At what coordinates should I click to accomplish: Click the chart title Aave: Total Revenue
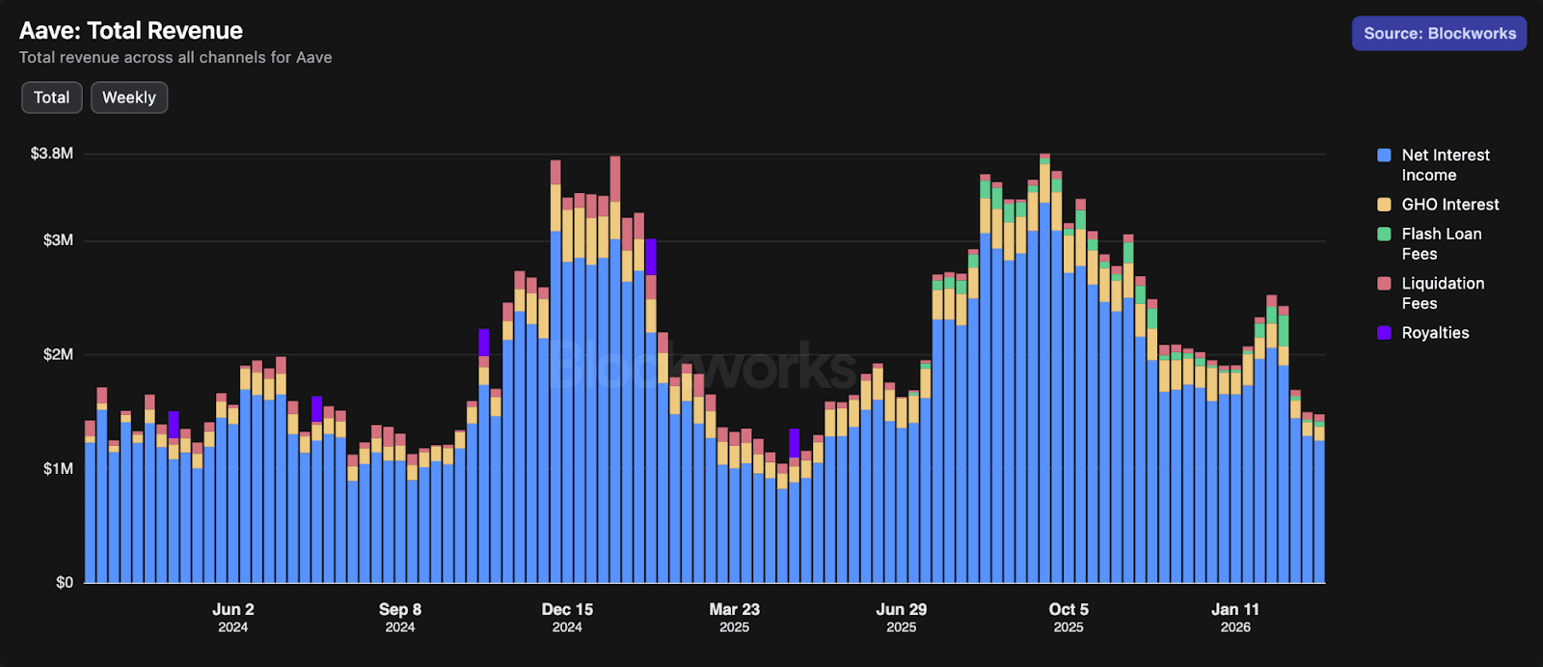point(131,31)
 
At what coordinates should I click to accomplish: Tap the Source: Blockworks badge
point(1439,34)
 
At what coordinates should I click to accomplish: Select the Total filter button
point(52,97)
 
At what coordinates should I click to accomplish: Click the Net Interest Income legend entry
point(1445,165)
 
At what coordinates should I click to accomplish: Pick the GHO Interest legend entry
point(1449,205)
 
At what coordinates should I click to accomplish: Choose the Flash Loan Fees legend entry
point(1441,243)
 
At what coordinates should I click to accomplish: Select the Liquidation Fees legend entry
point(1442,292)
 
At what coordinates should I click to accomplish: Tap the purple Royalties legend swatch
point(1384,333)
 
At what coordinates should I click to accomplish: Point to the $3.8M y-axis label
point(52,153)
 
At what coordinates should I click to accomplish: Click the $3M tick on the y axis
point(58,240)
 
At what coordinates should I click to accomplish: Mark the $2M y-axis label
point(58,354)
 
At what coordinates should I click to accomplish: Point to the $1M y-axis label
point(58,468)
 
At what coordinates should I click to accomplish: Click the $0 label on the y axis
point(64,582)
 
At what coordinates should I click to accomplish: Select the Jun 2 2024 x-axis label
point(233,617)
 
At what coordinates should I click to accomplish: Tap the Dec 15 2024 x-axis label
point(567,617)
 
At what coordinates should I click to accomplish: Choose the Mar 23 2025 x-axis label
point(735,617)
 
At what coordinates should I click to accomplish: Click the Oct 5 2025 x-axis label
point(1069,617)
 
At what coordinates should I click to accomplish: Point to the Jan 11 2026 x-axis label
point(1235,617)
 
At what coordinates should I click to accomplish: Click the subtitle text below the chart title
point(176,58)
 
